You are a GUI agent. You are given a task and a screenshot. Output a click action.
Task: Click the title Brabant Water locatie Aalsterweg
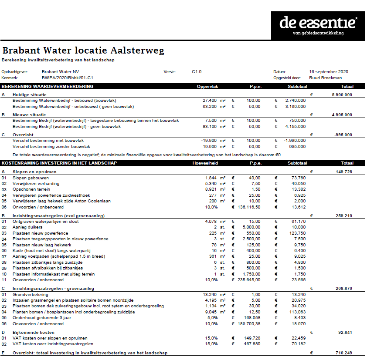click(83, 50)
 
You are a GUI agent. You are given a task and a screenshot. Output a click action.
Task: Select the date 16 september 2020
click(329, 71)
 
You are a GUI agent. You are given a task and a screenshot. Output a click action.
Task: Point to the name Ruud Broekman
click(325, 77)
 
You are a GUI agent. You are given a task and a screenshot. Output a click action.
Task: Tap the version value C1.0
click(197, 71)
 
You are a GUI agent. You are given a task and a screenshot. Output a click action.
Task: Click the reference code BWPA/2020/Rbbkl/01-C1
click(68, 77)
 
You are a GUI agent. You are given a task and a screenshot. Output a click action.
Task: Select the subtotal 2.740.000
click(295, 101)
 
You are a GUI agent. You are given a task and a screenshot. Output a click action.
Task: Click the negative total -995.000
click(342, 135)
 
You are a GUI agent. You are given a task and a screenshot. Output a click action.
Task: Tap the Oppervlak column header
click(207, 86)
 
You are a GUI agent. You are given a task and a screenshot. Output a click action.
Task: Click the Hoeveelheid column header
click(205, 163)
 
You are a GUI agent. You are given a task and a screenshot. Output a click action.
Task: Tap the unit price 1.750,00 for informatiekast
click(250, 274)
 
